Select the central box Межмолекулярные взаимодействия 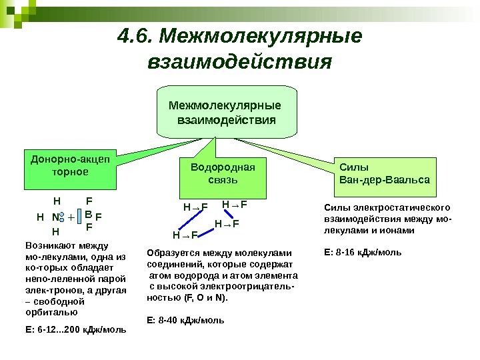(226, 113)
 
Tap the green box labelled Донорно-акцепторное (69, 166)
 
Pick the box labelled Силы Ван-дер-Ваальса (384, 175)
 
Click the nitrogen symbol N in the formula (55, 217)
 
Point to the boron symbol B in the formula (88, 215)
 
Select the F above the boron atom (89, 200)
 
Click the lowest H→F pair (185, 235)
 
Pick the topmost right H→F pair (234, 204)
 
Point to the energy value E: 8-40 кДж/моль (185, 320)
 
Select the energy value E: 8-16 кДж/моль (362, 253)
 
